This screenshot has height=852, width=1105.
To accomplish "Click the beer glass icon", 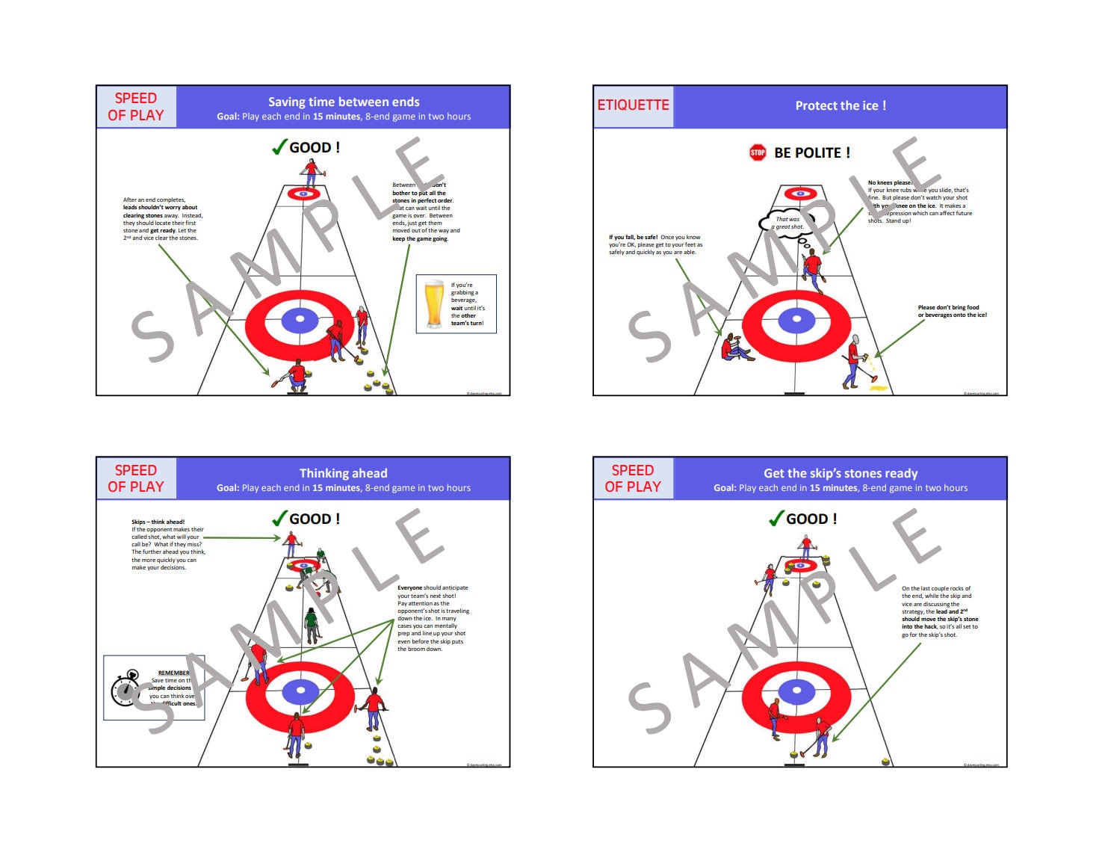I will (433, 303).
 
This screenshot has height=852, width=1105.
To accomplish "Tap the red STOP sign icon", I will (758, 152).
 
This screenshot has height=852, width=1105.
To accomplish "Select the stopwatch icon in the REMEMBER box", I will (126, 688).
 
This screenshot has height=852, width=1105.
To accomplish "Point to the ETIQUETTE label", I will (633, 105).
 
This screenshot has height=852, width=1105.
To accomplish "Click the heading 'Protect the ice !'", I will (841, 105).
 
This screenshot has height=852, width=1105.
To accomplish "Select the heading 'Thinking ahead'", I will (343, 473).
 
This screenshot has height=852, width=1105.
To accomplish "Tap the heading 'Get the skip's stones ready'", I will (841, 473).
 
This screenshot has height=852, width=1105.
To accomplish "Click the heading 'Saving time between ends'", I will (344, 102).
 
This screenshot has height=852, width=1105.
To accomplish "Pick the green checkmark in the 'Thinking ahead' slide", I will (279, 519).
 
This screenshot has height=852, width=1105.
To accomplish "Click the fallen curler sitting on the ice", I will (734, 348).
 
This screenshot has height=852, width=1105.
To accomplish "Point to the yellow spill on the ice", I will (878, 388).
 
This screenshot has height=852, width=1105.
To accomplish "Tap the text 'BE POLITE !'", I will (812, 152).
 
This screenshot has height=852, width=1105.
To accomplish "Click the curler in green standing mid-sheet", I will (312, 625).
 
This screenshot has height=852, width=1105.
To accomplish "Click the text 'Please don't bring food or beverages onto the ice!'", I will (952, 311).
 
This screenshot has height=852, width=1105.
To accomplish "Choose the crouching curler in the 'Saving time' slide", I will (296, 376).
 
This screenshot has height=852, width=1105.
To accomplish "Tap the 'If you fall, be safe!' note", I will (655, 244).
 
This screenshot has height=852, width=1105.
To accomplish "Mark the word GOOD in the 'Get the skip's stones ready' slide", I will (807, 519).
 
